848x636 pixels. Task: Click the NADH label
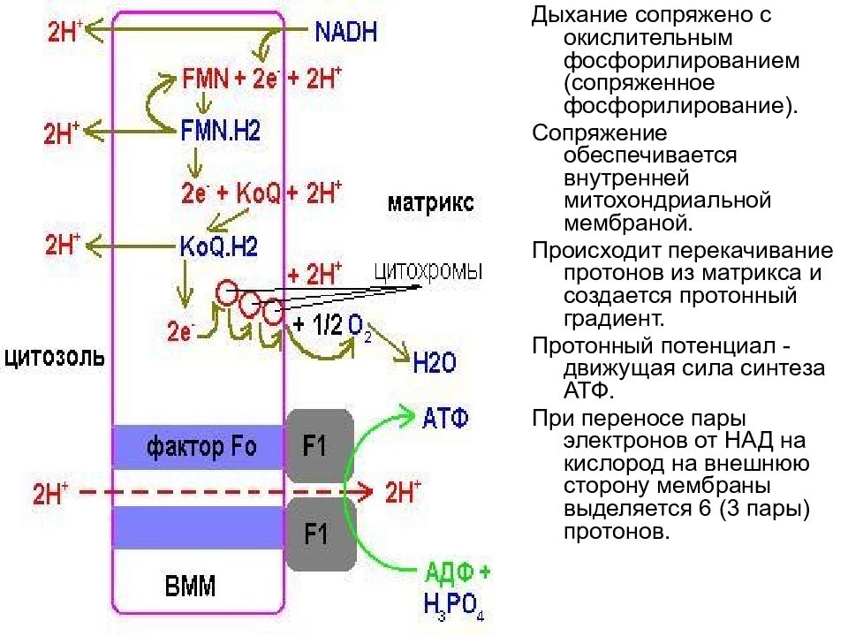coord(345,32)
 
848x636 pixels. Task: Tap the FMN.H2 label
coord(220,131)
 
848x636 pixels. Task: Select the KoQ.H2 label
coord(218,246)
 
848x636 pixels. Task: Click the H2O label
coord(435,363)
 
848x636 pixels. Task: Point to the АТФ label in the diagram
coord(445,419)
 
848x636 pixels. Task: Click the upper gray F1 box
coord(320,445)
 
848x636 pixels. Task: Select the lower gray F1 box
coord(321,534)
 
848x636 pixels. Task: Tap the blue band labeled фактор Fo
coord(199,447)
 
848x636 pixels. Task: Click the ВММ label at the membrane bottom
coord(190,587)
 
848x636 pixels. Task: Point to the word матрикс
coord(431,203)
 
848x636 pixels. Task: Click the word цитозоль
coord(55,358)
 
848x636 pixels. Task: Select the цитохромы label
coord(428,271)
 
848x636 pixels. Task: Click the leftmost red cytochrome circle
coord(227,292)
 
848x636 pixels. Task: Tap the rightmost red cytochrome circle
coord(273,313)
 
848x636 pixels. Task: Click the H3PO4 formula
coord(454,606)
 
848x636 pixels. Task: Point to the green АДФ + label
coord(458,572)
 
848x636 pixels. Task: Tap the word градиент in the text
coord(614,319)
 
